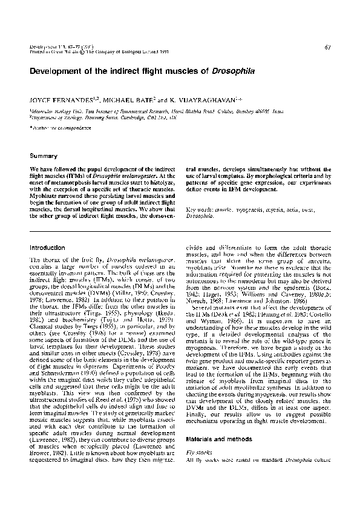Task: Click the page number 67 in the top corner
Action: click(327, 46)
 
